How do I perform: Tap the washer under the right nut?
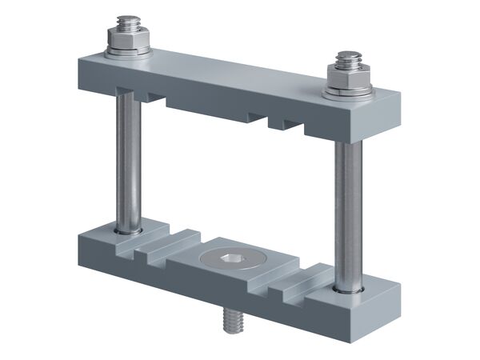pyautogui.click(x=348, y=93)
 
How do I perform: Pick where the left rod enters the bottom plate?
pyautogui.click(x=128, y=230)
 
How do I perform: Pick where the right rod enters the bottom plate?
pyautogui.click(x=349, y=286)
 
